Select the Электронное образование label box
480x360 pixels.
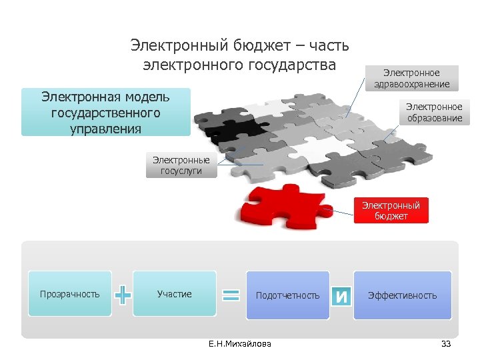435,112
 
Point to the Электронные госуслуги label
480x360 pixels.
181,165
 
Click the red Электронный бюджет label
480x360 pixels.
391,211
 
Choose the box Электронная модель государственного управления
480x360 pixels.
105,112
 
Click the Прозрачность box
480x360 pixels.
69,294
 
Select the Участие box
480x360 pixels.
174,294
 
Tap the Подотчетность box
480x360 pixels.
287,295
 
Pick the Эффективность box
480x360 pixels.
402,295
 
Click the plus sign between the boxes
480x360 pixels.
123,294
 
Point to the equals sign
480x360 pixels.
231,294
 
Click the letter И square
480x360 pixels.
341,295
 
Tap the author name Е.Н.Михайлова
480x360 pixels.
240,344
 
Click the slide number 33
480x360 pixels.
446,344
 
